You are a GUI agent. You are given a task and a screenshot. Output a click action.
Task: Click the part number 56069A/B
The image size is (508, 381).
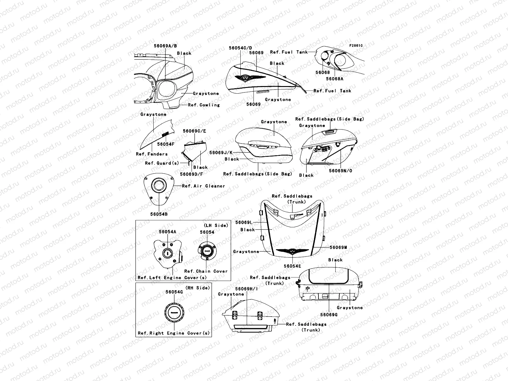(x=165, y=46)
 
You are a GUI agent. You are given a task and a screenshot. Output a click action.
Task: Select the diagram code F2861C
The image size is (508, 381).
(x=356, y=46)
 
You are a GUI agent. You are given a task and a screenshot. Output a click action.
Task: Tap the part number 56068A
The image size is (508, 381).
(x=335, y=79)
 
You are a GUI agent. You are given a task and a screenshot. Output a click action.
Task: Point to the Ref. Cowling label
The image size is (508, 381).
(x=204, y=105)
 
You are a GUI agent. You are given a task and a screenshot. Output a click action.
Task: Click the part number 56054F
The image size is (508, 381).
(x=166, y=144)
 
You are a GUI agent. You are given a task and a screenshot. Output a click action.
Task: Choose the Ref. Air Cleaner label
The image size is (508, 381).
(x=204, y=186)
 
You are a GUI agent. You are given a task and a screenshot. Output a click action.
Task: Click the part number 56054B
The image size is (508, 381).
(x=159, y=214)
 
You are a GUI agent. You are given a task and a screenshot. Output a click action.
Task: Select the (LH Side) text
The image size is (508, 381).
(x=216, y=225)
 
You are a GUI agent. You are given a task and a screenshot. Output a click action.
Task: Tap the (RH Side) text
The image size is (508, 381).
(x=197, y=288)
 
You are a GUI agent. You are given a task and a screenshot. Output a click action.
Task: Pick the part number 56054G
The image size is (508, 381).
(x=174, y=292)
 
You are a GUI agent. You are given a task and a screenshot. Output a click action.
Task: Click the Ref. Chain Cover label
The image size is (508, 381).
(x=206, y=271)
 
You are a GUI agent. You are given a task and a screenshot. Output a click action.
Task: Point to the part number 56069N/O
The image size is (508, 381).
(x=340, y=171)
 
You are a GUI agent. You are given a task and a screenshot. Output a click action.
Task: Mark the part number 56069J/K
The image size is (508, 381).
(x=221, y=153)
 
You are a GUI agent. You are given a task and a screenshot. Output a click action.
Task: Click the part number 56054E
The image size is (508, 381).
(x=292, y=266)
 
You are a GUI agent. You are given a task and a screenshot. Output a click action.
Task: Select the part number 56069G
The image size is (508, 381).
(x=329, y=315)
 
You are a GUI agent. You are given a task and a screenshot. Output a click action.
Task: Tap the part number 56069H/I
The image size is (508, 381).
(x=246, y=289)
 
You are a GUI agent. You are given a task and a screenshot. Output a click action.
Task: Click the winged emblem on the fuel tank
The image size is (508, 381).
(x=250, y=78)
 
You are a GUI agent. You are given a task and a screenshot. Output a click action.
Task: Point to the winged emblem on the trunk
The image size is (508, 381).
(x=292, y=251)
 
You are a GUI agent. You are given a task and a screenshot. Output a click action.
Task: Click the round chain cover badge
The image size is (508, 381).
(x=207, y=251)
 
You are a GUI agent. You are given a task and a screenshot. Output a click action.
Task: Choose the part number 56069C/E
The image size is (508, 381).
(x=194, y=131)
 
